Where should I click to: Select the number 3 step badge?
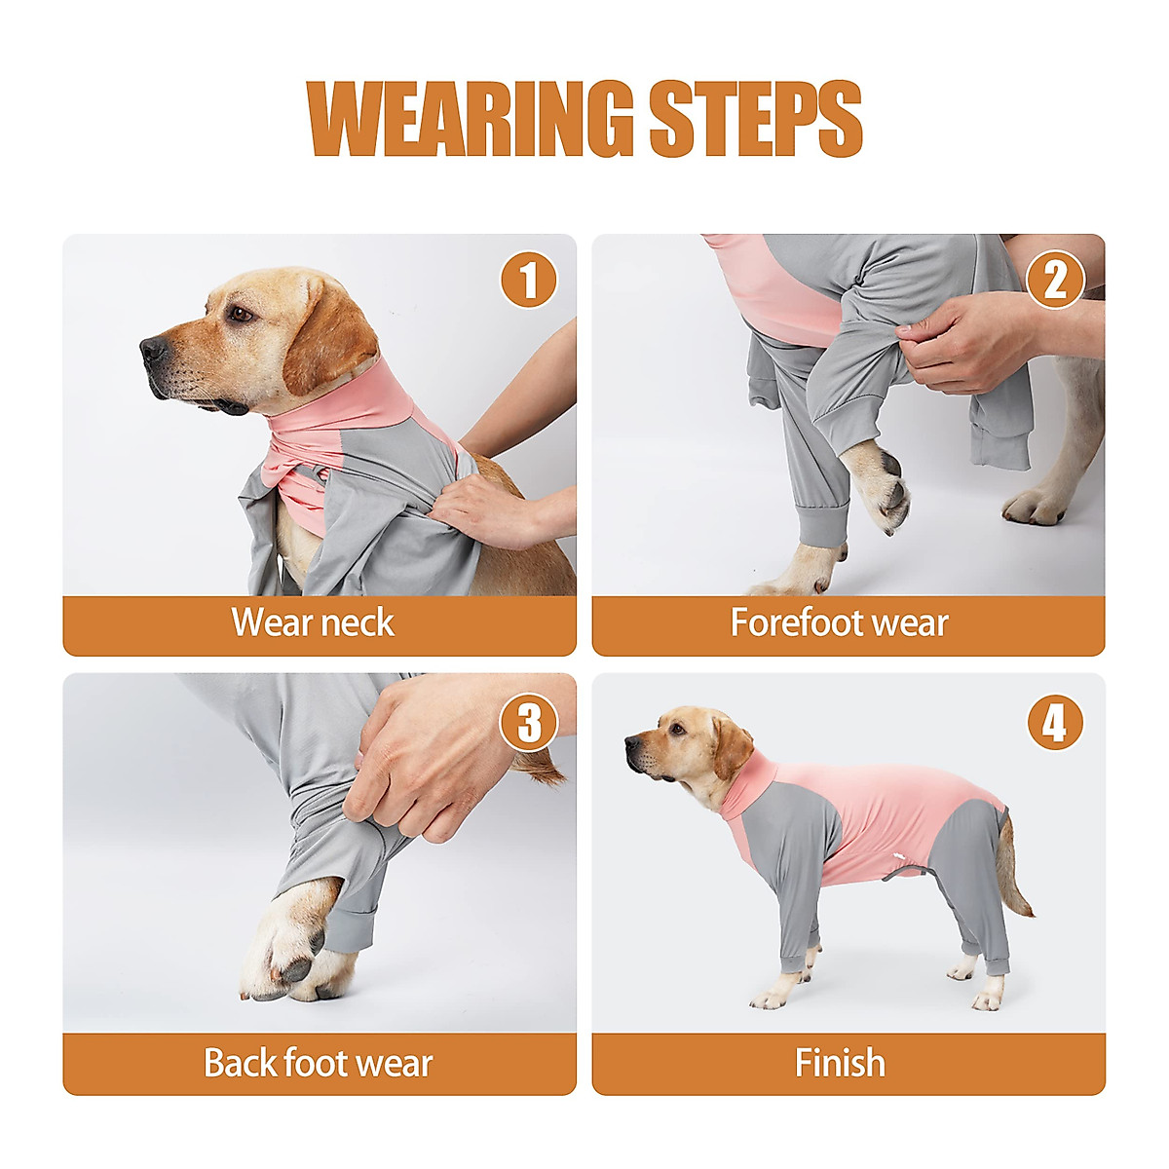(529, 724)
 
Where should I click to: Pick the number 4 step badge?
(1055, 724)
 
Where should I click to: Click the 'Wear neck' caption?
(313, 623)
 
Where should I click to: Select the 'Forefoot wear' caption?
(839, 623)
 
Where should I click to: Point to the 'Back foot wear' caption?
(318, 1063)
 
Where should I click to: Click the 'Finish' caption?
(840, 1063)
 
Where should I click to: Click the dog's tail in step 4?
(1018, 872)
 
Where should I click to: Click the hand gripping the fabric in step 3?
(429, 755)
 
